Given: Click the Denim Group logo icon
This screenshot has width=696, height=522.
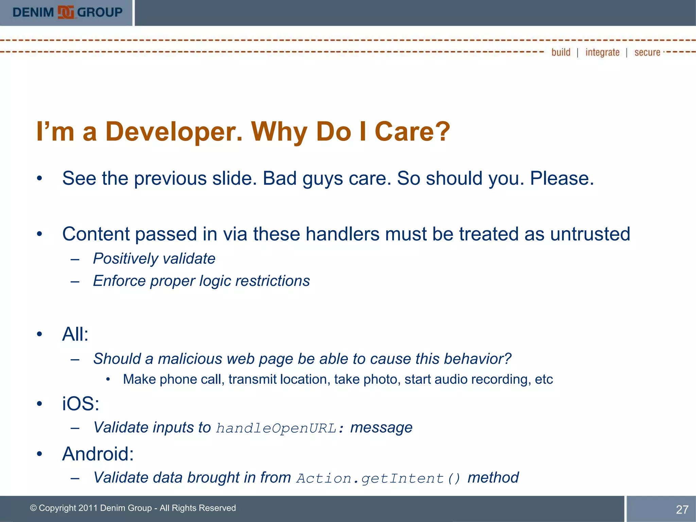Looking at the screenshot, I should pos(66,12).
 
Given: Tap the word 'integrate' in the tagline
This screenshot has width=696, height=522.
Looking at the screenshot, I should pos(602,52).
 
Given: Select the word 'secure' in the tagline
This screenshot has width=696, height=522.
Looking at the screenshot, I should pos(647,52).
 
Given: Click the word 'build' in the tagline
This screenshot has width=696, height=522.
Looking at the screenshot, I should pos(561,52).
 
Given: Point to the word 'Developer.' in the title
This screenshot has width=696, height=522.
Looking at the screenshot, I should pos(174,132).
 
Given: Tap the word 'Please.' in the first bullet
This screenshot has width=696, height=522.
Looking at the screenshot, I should pos(562,178).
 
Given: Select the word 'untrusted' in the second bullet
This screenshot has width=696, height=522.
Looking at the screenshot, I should pos(590,234).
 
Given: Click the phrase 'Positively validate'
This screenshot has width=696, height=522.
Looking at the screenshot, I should pos(154,259).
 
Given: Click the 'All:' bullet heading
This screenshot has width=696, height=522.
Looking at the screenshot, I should pos(75,334).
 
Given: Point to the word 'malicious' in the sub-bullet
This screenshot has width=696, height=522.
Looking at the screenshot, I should pos(190,359).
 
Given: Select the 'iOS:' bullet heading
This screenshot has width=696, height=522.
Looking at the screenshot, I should pos(81,404).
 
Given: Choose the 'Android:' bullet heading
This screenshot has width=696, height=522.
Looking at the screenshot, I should pos(98,454).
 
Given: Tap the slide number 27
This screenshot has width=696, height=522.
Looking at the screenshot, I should pos(682,509).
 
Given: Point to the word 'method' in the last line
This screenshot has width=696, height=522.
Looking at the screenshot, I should pos(493,478).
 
